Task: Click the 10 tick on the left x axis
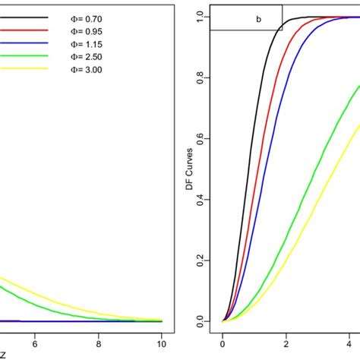click(x=160, y=343)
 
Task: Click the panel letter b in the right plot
click(x=258, y=19)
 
